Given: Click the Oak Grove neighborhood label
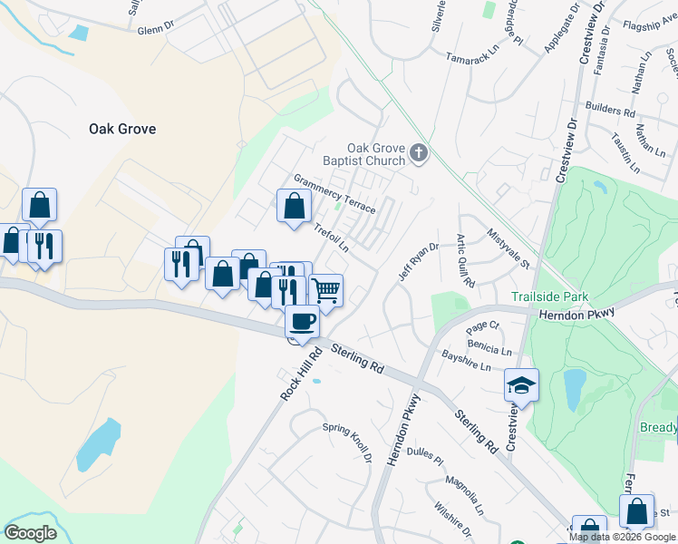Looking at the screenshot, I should (122, 129).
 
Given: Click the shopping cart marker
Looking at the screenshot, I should (325, 290).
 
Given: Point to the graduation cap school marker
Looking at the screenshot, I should (521, 384).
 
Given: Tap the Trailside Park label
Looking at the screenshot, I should (549, 296).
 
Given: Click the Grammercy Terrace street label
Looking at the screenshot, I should (334, 195).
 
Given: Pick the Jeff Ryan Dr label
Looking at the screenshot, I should (419, 260).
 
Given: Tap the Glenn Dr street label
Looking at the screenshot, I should (155, 29).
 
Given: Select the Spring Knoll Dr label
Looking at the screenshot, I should (349, 442).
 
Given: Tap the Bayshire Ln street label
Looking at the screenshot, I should (467, 360).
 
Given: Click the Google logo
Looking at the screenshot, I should (30, 533).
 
